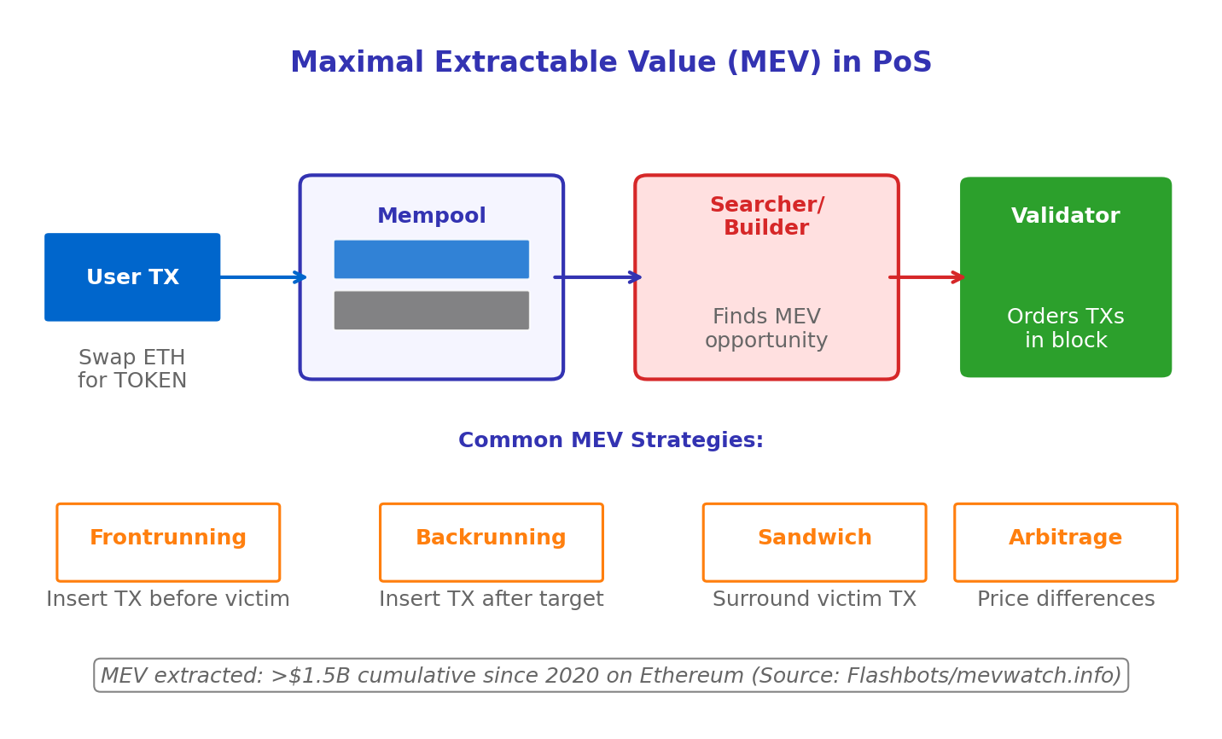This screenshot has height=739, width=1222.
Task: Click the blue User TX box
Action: point(132,277)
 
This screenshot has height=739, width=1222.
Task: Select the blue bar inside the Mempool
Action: point(431,259)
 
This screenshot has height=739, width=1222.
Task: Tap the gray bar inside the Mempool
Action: point(431,311)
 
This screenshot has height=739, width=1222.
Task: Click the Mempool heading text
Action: point(431,217)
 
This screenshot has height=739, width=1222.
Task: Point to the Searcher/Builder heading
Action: point(766,217)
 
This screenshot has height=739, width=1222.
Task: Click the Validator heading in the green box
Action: point(1065,217)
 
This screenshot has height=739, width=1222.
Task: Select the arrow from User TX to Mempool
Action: point(261,277)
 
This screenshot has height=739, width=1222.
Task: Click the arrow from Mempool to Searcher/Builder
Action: point(597,277)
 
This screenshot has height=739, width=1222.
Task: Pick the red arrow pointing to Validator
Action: point(926,277)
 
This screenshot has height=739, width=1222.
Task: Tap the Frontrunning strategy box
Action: point(168,542)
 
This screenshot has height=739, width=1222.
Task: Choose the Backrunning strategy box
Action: point(491,542)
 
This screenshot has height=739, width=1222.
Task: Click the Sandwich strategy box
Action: point(814,542)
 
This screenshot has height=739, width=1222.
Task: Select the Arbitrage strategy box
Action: point(1065,542)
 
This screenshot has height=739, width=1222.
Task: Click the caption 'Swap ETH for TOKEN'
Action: point(132,369)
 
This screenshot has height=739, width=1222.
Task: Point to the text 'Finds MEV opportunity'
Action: point(766,329)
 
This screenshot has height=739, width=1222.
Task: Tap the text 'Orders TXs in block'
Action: point(1065,329)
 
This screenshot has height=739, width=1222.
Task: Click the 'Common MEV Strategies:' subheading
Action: point(611,441)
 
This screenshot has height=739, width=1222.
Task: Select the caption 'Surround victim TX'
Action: point(814,600)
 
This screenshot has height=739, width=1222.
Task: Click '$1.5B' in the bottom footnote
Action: point(319,676)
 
